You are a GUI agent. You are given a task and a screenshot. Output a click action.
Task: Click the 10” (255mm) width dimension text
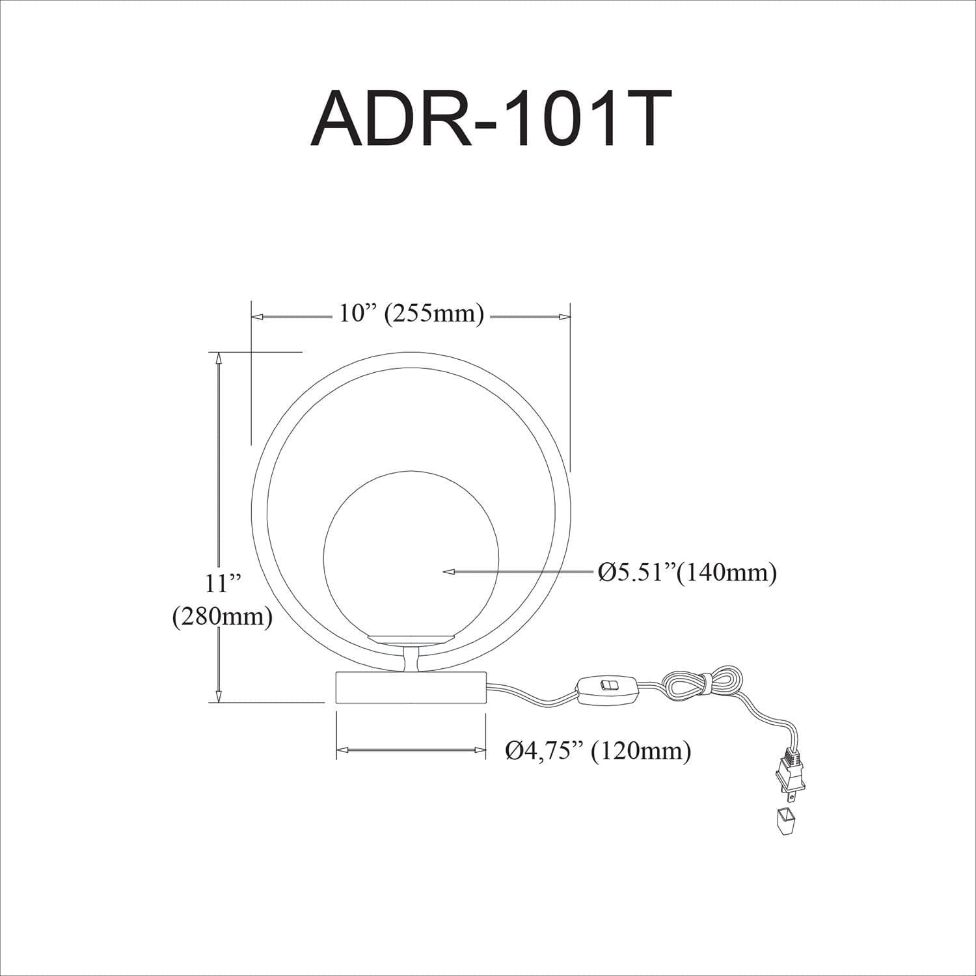[411, 314]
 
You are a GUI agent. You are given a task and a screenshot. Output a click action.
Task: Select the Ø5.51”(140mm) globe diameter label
[686, 573]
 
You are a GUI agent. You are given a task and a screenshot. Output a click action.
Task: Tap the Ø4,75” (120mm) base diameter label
[598, 752]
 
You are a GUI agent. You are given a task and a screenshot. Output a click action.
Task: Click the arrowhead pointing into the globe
[448, 572]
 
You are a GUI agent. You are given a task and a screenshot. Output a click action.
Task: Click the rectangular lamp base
[411, 688]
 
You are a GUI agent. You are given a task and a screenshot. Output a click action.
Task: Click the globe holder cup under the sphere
[410, 639]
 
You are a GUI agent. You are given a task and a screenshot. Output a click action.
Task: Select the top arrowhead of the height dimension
[219, 357]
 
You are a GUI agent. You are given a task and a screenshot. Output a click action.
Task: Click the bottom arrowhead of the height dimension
[219, 696]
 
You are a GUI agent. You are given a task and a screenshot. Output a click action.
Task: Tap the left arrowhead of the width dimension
[257, 317]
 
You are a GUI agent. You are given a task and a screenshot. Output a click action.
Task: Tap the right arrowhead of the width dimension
[565, 317]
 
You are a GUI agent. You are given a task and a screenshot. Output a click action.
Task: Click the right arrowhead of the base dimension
[481, 750]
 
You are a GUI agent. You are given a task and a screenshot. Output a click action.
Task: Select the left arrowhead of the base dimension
[341, 750]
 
